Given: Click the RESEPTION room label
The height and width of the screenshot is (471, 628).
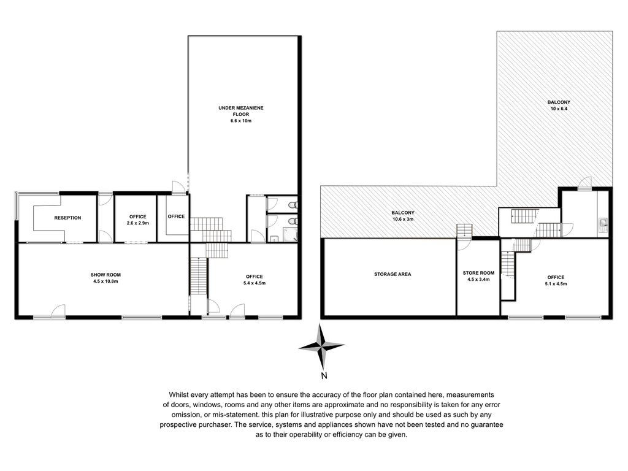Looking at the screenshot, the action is [67, 218].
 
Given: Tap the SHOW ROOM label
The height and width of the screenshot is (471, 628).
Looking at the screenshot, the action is [105, 275].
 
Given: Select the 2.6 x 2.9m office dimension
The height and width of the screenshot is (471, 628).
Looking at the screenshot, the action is [138, 223].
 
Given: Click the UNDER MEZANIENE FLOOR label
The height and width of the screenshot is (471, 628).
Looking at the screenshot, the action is [240, 111].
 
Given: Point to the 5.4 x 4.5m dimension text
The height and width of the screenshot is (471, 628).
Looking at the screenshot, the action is [255, 283].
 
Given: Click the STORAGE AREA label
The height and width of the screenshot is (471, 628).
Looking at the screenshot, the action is [392, 274].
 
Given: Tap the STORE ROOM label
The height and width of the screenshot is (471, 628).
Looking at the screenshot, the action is [478, 273].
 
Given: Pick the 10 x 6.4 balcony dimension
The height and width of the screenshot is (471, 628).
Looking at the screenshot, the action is [559, 109].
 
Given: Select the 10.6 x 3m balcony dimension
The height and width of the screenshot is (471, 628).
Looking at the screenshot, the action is [403, 219].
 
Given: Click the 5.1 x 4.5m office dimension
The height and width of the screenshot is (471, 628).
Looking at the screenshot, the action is [556, 283].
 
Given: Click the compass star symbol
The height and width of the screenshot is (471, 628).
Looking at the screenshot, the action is [321, 346].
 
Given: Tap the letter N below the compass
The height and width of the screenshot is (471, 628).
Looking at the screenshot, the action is [324, 376].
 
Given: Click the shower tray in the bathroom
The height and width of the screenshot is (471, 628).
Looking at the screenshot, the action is [290, 235].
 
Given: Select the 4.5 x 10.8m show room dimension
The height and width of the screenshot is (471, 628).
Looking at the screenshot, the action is [105, 281].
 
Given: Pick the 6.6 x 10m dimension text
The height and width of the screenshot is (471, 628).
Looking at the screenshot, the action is [240, 121].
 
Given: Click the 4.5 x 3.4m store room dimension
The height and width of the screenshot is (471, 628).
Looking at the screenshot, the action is [478, 279].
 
